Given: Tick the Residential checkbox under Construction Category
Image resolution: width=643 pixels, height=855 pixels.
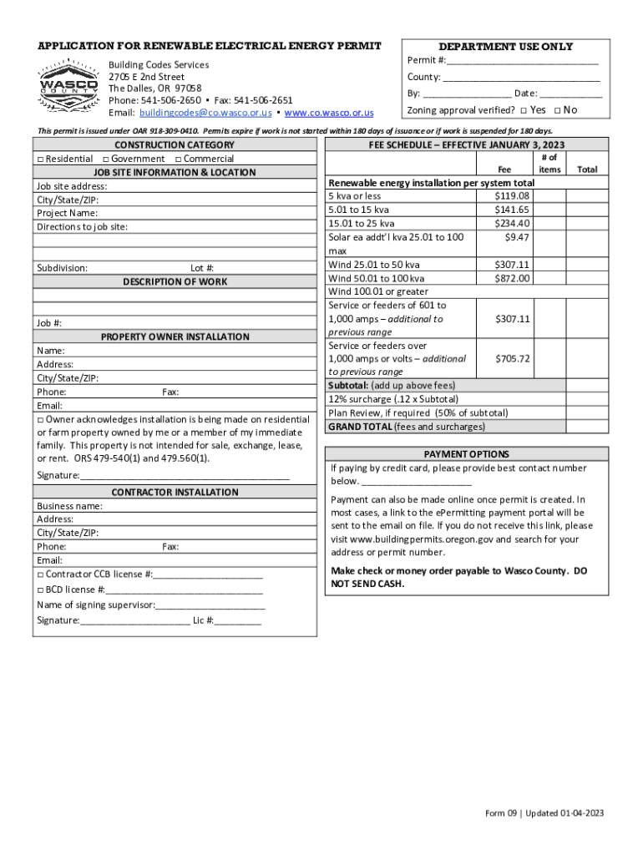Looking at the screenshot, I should (40, 159).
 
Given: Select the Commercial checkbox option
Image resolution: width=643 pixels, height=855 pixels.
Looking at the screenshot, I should (179, 159).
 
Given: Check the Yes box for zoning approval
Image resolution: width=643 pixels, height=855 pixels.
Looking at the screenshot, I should (523, 110).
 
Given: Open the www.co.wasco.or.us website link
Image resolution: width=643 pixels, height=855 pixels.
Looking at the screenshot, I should (329, 113).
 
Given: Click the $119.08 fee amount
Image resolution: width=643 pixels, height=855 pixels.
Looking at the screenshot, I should (512, 196).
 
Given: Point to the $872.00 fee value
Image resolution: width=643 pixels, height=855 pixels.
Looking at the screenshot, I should (512, 278).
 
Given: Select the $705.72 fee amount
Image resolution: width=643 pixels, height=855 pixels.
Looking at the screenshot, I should (512, 358).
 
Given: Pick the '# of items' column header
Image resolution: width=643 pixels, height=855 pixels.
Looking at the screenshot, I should (549, 163).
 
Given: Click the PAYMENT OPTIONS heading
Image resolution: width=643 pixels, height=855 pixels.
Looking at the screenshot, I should (466, 454).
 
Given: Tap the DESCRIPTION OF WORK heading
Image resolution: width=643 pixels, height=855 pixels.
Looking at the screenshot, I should (175, 281).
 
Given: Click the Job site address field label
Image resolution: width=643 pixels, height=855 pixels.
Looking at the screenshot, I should (72, 186).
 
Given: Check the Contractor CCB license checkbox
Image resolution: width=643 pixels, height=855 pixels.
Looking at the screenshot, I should (40, 574).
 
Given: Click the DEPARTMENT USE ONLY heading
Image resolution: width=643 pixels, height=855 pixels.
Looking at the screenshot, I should (506, 47).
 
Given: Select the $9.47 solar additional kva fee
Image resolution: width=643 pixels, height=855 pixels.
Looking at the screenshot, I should (517, 237).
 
